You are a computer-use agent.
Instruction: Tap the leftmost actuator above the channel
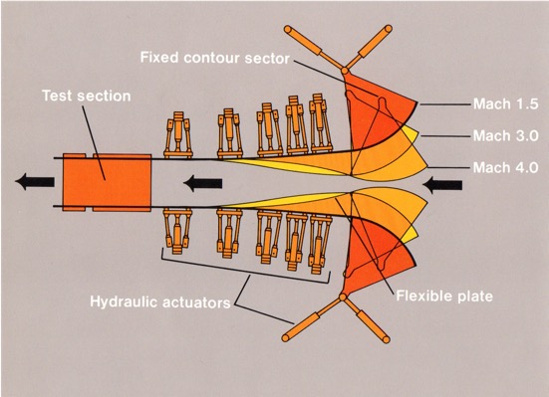177,135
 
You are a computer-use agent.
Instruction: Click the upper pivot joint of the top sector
345,73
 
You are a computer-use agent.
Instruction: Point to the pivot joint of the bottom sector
344,297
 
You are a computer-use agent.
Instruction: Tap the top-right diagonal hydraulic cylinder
375,42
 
